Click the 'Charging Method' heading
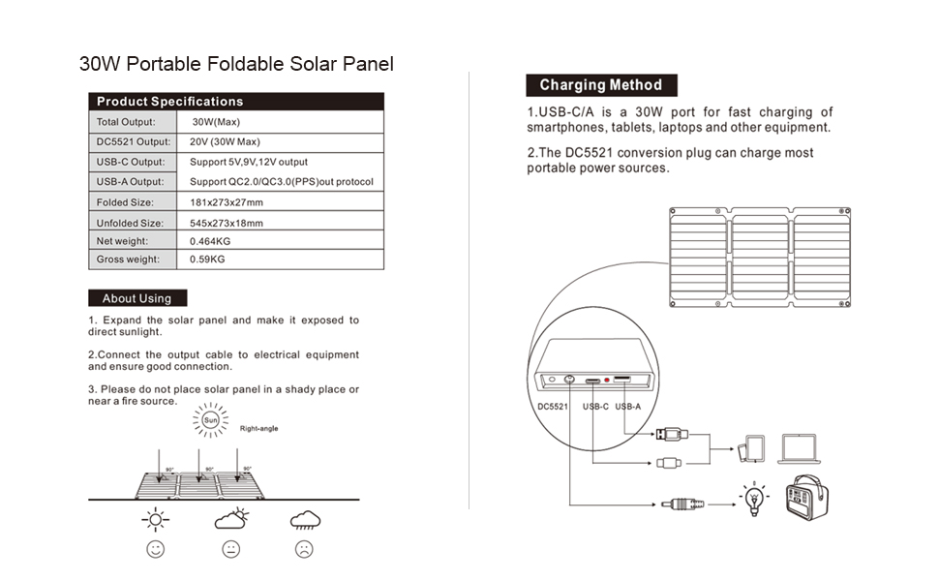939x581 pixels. pyautogui.click(x=600, y=85)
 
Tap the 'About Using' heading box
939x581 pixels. pyautogui.click(x=136, y=298)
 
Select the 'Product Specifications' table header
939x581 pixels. pyautogui.click(x=169, y=102)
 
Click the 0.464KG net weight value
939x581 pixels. pyautogui.click(x=210, y=241)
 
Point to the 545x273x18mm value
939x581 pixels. pyautogui.click(x=227, y=223)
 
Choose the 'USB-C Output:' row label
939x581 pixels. pyautogui.click(x=131, y=162)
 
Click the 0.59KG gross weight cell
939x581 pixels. pyautogui.click(x=207, y=260)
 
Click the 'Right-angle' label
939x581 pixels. pyautogui.click(x=259, y=428)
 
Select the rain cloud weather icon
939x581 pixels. pyautogui.click(x=305, y=521)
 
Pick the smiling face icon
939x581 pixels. pyautogui.click(x=155, y=549)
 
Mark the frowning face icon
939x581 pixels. pyautogui.click(x=305, y=549)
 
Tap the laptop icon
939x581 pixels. pyautogui.click(x=800, y=447)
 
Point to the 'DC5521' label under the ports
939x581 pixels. pyautogui.click(x=553, y=407)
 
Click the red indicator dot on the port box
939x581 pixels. pyautogui.click(x=606, y=381)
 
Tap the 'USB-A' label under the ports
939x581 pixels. pyautogui.click(x=628, y=407)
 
